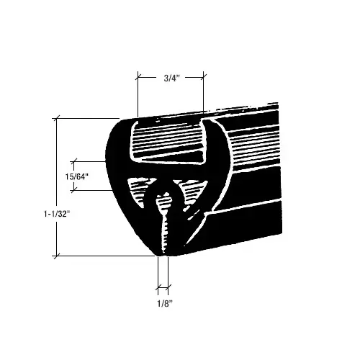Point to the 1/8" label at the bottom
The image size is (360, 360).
tap(163, 302)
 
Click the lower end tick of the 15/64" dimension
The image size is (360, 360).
tap(75, 189)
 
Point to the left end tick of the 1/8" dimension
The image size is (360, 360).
tap(158, 289)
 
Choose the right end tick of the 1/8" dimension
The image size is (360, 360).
tap(169, 289)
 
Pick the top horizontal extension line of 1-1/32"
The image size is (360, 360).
tap(86, 118)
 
